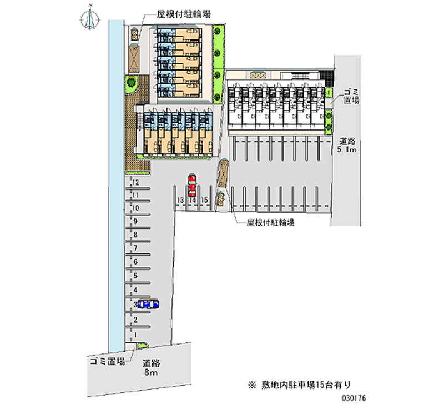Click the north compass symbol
tap(89, 18)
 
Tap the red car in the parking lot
tap(191, 185)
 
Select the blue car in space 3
tap(148, 304)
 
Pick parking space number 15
tap(204, 199)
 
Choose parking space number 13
tap(180, 199)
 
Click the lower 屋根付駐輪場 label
tap(271, 222)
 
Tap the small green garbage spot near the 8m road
tap(142, 346)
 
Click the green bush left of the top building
tap(131, 83)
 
